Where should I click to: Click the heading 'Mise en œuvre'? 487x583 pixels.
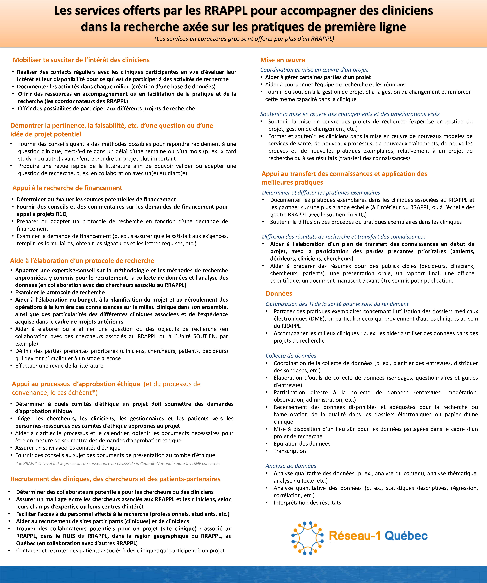click(282, 60)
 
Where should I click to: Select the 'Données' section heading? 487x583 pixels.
click(279, 293)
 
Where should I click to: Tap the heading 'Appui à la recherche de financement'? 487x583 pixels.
click(67, 188)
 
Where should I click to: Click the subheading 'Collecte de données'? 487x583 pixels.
click(291, 356)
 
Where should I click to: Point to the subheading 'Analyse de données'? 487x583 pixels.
click(291, 466)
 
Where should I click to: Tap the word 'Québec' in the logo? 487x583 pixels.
click(406, 536)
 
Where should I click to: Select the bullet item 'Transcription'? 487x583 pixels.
click(290, 451)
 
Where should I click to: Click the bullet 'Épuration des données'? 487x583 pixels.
click(302, 444)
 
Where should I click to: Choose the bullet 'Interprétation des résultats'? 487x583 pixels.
click(307, 503)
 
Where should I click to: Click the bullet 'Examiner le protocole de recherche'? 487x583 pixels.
click(60, 292)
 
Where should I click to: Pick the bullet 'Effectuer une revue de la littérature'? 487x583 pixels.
click(59, 366)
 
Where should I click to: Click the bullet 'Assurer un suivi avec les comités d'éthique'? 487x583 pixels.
click(68, 448)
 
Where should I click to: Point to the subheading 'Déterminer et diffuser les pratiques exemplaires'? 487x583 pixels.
click(321, 193)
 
